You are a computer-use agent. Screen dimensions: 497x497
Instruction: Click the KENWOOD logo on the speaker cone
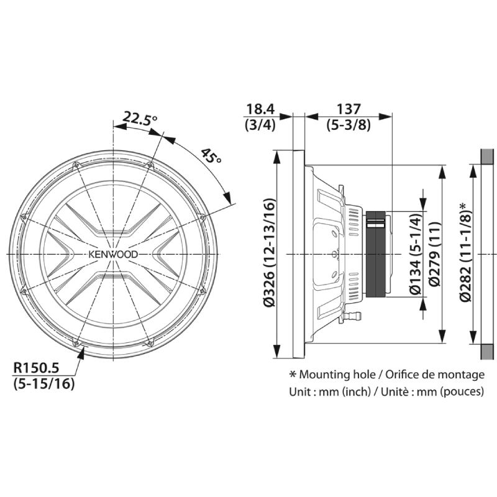(x=113, y=255)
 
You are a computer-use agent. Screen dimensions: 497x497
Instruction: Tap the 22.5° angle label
(x=140, y=118)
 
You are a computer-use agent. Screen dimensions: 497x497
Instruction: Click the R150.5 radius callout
(x=36, y=368)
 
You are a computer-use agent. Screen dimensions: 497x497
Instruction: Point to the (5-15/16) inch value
(x=44, y=383)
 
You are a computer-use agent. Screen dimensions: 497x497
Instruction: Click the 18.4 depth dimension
(x=260, y=109)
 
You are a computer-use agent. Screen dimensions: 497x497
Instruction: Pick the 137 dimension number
(x=349, y=109)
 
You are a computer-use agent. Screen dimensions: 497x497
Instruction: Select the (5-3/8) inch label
(x=349, y=125)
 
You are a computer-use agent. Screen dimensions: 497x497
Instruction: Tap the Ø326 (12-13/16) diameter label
(x=270, y=253)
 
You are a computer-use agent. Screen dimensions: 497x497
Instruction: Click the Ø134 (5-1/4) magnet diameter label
(x=416, y=254)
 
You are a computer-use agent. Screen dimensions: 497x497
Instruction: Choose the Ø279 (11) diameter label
(x=434, y=254)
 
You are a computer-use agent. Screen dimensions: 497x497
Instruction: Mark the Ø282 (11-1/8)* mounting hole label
(x=466, y=253)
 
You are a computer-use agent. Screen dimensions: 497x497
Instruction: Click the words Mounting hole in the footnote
(x=337, y=375)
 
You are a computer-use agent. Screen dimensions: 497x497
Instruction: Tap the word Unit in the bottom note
(x=300, y=392)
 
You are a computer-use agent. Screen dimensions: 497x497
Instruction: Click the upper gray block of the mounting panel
(x=488, y=157)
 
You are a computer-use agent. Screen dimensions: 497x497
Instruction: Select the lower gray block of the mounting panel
(x=488, y=352)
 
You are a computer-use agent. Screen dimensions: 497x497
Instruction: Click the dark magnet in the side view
(x=376, y=254)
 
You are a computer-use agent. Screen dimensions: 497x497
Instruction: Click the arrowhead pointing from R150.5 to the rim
(x=82, y=353)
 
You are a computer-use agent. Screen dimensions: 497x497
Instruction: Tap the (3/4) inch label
(x=260, y=125)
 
